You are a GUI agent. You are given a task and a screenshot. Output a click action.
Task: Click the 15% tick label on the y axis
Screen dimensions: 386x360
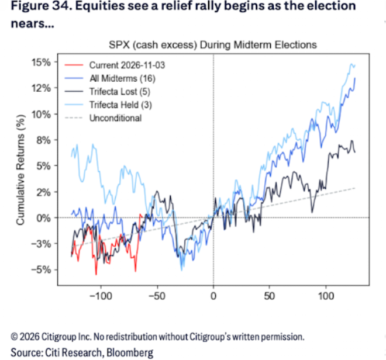pos(41,63)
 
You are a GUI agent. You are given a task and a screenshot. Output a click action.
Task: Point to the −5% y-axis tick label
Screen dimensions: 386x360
pos(41,269)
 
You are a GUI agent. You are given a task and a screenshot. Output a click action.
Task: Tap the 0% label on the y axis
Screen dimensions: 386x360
pos(44,218)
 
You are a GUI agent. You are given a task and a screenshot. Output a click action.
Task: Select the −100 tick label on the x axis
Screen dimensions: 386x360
pos(101,296)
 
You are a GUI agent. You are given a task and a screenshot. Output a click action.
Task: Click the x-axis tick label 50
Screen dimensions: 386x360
pos(270,296)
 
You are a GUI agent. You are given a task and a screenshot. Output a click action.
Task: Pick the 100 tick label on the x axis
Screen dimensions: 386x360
pos(326,296)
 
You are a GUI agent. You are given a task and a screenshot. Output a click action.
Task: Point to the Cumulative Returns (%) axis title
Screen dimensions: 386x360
pos(20,170)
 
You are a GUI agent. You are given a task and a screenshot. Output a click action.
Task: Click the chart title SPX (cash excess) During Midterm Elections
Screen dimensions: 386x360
pos(213,45)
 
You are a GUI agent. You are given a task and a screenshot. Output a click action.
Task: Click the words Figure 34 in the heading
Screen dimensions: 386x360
pos(39,6)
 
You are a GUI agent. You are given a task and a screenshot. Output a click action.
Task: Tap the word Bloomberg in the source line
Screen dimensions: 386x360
pos(130,352)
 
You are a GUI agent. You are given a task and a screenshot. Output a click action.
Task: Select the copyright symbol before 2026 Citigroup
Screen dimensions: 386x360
pos(14,337)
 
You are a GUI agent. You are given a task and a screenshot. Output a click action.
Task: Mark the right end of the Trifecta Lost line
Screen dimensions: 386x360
pos(355,152)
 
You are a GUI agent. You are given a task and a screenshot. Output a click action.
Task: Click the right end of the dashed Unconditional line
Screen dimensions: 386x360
pos(355,188)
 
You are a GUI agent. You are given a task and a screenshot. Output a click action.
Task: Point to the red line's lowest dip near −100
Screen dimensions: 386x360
pos(96,274)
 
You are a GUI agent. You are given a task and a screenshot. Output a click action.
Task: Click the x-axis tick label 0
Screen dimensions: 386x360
pos(213,296)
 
